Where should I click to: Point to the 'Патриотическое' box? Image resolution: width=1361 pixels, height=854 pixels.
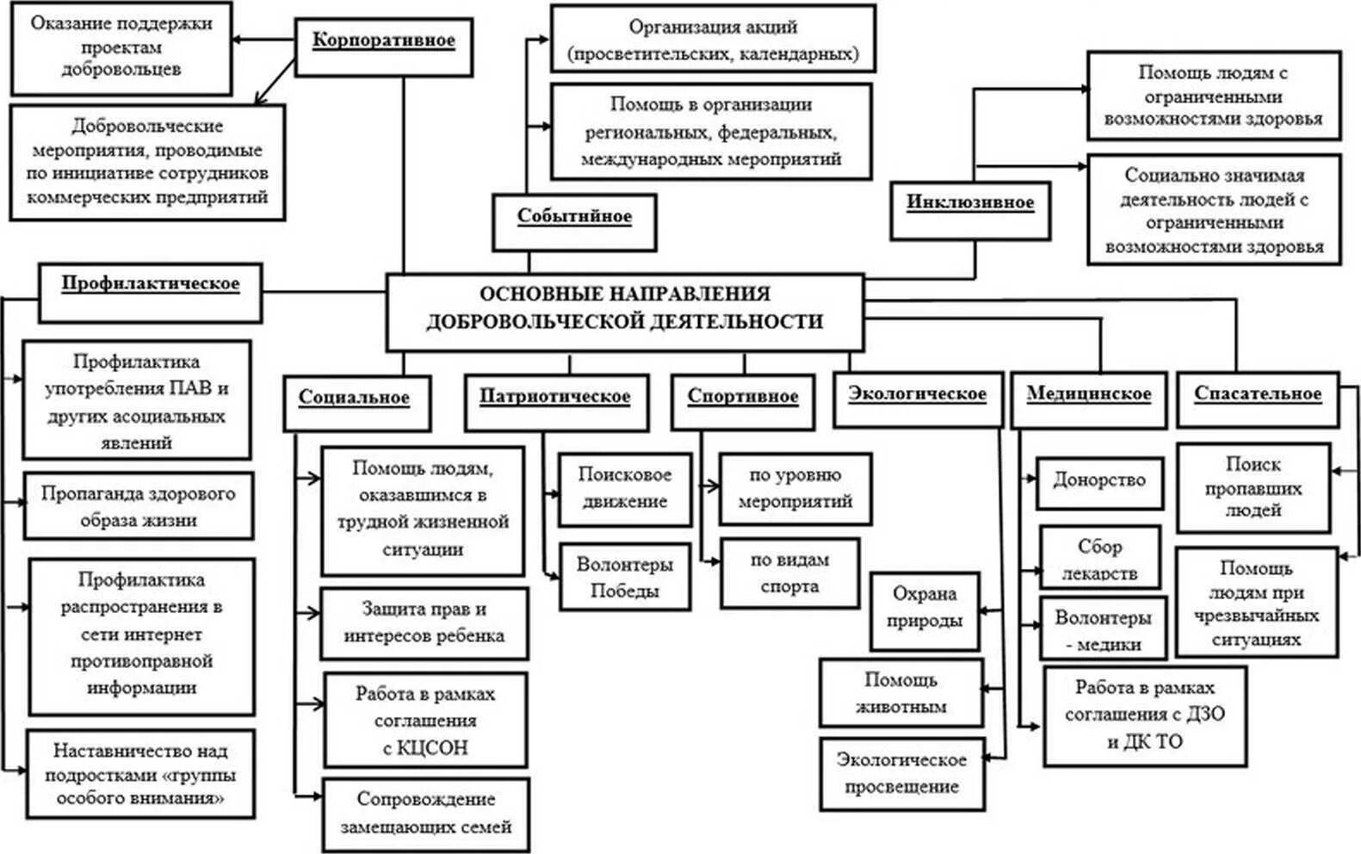(555, 401)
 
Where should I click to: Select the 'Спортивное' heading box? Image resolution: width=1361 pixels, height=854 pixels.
(742, 401)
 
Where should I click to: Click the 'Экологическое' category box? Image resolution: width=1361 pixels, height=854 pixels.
(918, 399)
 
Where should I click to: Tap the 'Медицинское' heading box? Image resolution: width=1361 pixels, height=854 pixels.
(1088, 399)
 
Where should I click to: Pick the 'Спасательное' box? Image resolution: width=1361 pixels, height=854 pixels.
(1257, 399)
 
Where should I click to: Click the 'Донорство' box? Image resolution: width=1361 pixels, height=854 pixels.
(1099, 481)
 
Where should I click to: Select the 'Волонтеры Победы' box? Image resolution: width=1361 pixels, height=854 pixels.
(624, 577)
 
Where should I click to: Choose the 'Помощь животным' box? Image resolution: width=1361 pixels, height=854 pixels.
(900, 693)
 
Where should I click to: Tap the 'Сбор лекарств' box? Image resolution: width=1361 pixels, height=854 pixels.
(1099, 557)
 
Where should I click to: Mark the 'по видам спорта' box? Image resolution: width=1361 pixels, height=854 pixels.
(789, 573)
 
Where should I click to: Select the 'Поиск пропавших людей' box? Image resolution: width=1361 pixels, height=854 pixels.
(1253, 487)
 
